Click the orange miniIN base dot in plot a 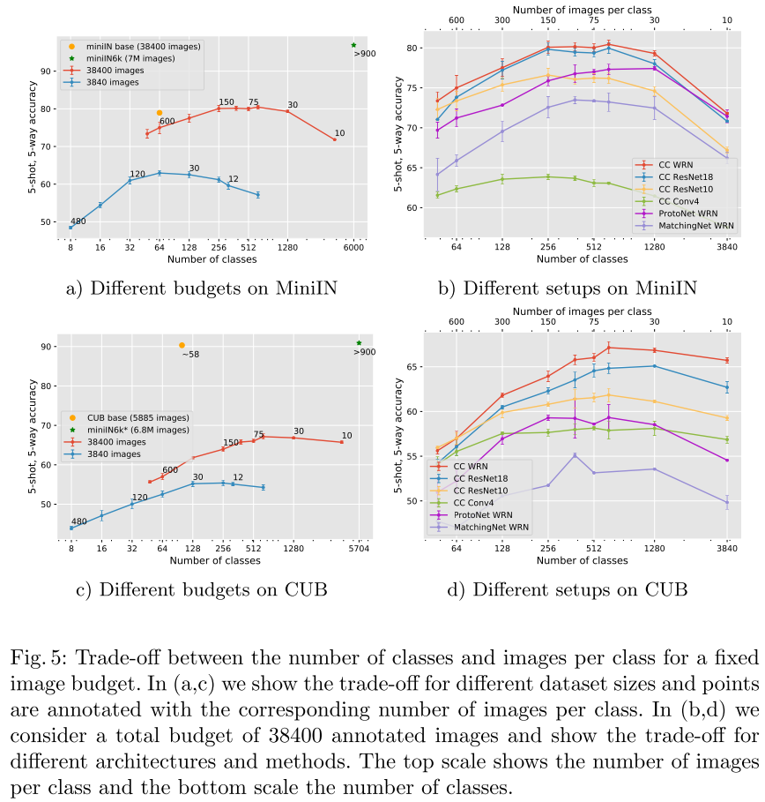coord(160,113)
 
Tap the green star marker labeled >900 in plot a coord(353,45)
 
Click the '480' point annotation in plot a coord(78,221)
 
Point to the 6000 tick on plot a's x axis coord(353,249)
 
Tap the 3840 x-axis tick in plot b coord(727,249)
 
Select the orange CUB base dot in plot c coord(182,345)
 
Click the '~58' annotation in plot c coord(190,355)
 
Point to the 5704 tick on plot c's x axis coord(358,549)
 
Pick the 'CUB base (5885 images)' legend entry coord(137,416)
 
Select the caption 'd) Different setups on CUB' coord(581,588)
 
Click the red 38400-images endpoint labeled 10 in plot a coord(335,139)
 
